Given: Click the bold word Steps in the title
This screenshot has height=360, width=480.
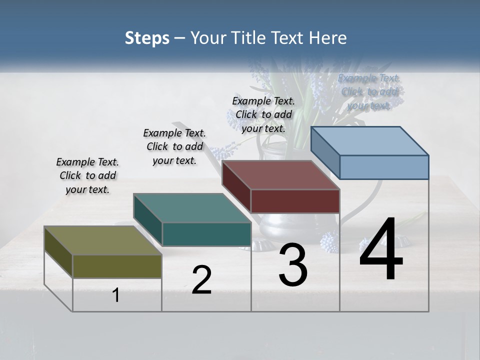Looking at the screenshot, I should (147, 38).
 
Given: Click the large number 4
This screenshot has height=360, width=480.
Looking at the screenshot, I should (381, 250).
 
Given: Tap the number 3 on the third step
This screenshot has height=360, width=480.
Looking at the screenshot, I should (293, 265).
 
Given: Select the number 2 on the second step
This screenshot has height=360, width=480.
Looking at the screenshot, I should (201, 280).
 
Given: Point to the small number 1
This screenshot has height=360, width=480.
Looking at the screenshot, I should (116, 295).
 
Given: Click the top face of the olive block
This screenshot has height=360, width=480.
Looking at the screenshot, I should (102, 240).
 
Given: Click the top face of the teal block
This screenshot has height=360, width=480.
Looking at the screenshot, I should (192, 208).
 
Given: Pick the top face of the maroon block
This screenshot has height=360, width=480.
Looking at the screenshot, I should (280, 175).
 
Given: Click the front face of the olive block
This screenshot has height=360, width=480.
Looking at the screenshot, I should (117, 266).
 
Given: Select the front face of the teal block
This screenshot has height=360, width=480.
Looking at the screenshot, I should (206, 234).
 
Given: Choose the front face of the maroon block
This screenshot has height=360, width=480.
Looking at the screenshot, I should (295, 201).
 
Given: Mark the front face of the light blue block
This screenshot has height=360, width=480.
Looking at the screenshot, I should (384, 167).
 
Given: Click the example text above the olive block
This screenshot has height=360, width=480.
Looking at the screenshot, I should (87, 175).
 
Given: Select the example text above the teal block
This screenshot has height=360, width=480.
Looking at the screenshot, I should (174, 146).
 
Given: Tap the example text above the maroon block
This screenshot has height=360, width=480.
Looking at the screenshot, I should (263, 114).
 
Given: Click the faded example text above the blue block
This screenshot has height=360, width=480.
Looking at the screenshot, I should (369, 91).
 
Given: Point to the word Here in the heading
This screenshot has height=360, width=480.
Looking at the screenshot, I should (329, 38).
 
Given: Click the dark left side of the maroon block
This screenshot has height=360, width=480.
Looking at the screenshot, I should (236, 186).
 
